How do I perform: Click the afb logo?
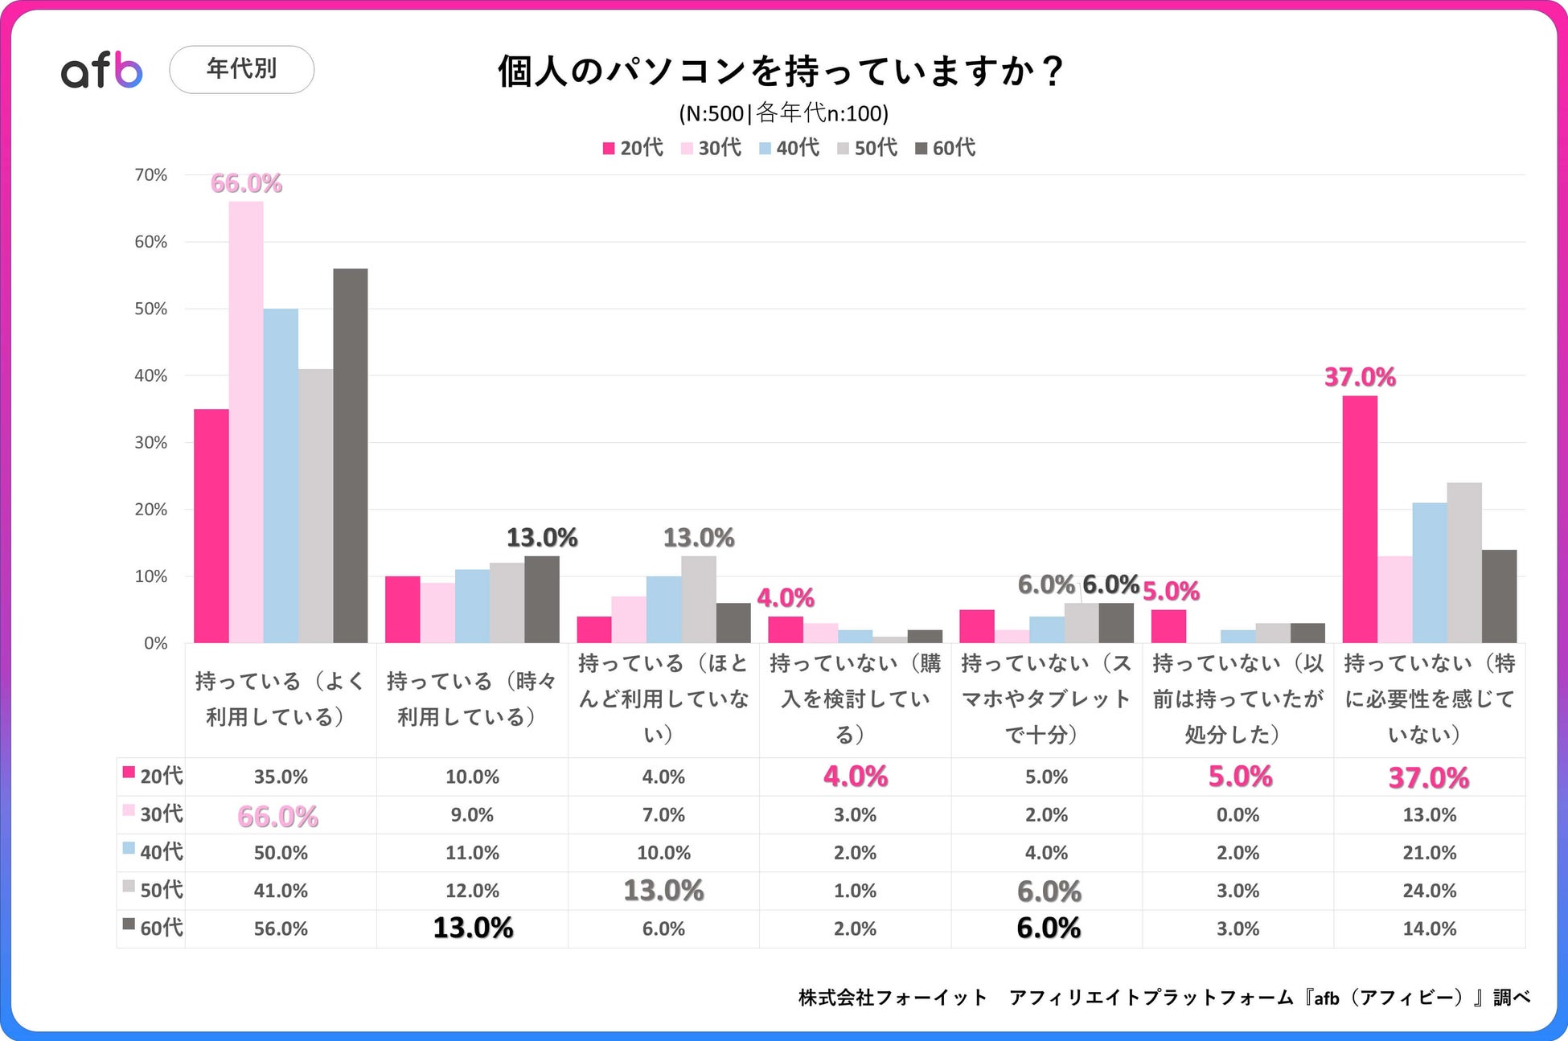click(102, 70)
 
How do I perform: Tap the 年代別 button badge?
click(241, 69)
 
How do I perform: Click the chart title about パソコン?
click(780, 71)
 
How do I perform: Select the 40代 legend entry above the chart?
click(790, 148)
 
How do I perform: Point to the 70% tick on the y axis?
click(151, 175)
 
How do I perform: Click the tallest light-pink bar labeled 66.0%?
click(246, 422)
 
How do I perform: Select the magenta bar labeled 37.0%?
click(1360, 519)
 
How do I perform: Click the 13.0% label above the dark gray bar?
click(542, 537)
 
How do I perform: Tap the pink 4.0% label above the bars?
click(786, 597)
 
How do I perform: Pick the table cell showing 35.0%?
click(281, 777)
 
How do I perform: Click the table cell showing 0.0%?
click(1238, 814)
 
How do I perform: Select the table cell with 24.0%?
click(1429, 891)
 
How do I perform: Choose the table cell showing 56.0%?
click(281, 928)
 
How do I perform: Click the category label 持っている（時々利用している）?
click(472, 699)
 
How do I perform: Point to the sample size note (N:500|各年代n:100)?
click(783, 113)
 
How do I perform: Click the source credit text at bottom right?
click(1164, 997)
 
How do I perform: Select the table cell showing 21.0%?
click(1429, 852)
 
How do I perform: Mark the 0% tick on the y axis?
click(155, 643)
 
